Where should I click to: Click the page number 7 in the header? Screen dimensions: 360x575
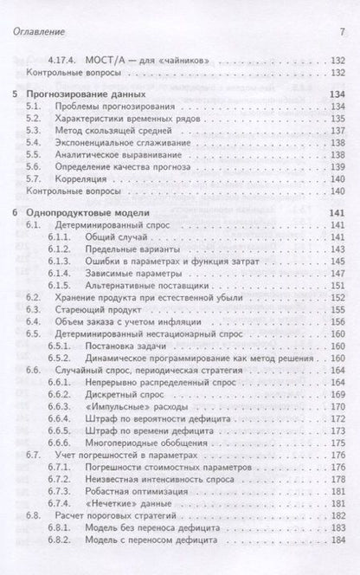(x=343, y=32)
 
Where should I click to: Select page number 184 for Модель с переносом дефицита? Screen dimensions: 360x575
(x=337, y=538)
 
